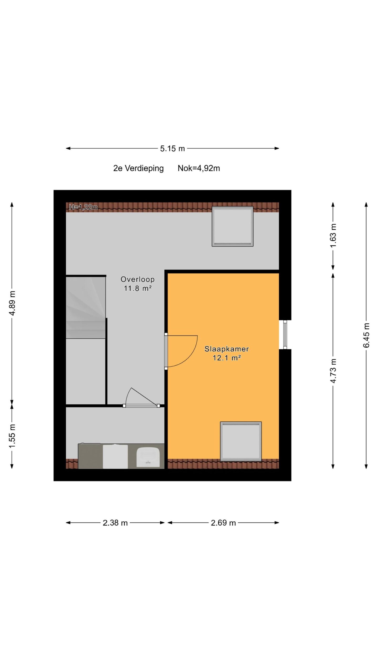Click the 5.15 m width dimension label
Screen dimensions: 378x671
(x=172, y=149)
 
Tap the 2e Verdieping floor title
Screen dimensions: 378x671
(x=138, y=168)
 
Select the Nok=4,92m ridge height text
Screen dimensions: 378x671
(x=199, y=168)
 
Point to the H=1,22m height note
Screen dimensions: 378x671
(x=83, y=207)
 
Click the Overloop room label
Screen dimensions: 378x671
(x=138, y=279)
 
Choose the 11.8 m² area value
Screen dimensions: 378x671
(x=138, y=288)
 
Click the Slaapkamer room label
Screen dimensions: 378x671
(x=227, y=349)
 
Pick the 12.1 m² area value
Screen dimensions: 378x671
(x=227, y=358)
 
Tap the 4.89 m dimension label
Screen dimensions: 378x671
(x=12, y=303)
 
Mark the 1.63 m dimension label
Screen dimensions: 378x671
(x=333, y=236)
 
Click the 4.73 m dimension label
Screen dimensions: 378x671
(x=333, y=371)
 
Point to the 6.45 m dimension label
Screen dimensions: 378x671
(x=366, y=335)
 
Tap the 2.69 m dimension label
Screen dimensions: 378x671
(x=223, y=523)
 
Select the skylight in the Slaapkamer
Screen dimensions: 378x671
(x=241, y=442)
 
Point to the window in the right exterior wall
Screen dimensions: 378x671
(x=285, y=335)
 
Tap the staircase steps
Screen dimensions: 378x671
(x=86, y=307)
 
